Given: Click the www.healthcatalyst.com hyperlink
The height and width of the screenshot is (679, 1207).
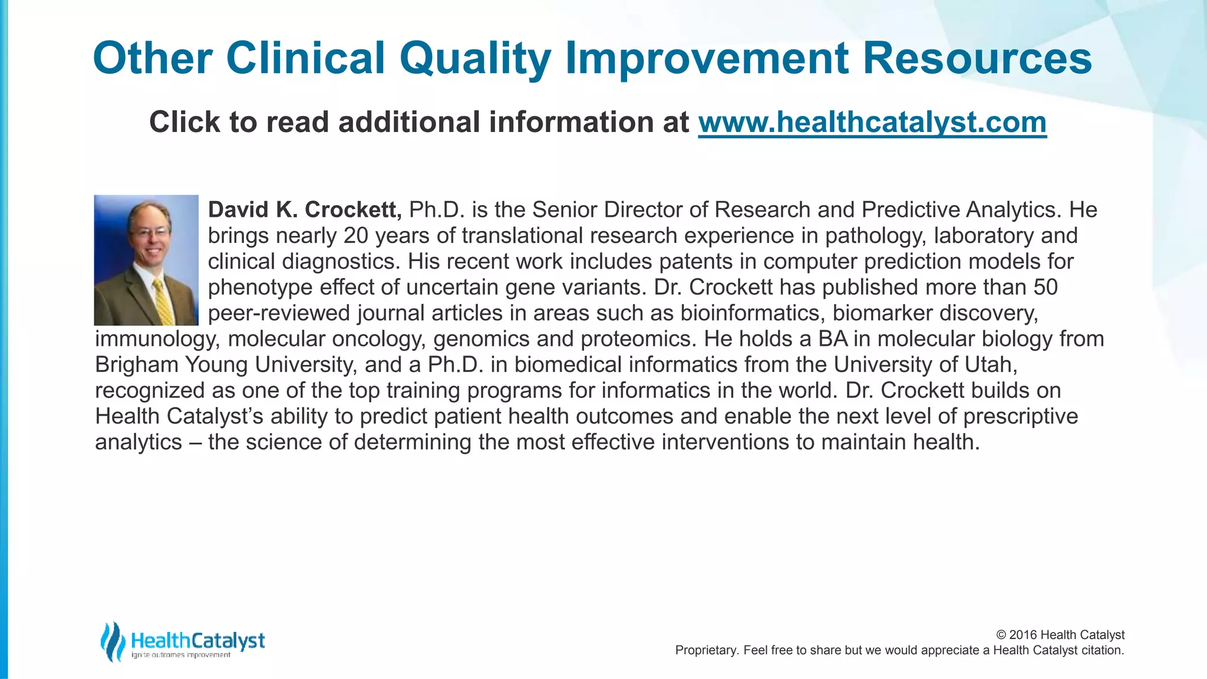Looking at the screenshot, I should coord(872,123).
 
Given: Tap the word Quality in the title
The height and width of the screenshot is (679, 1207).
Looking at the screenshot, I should coord(475,59).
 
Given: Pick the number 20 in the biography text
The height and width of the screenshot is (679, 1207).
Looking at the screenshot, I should coord(356,236).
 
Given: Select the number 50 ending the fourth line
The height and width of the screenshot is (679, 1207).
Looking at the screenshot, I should coord(1046,288).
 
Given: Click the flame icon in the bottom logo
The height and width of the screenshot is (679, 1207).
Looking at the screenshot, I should coord(112,641).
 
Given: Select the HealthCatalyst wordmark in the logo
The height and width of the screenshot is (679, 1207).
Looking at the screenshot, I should coord(197,640).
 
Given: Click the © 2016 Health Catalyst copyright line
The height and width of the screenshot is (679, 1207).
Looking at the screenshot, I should coord(1060,635).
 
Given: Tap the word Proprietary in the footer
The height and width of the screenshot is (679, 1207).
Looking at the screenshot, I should coord(705,651).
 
